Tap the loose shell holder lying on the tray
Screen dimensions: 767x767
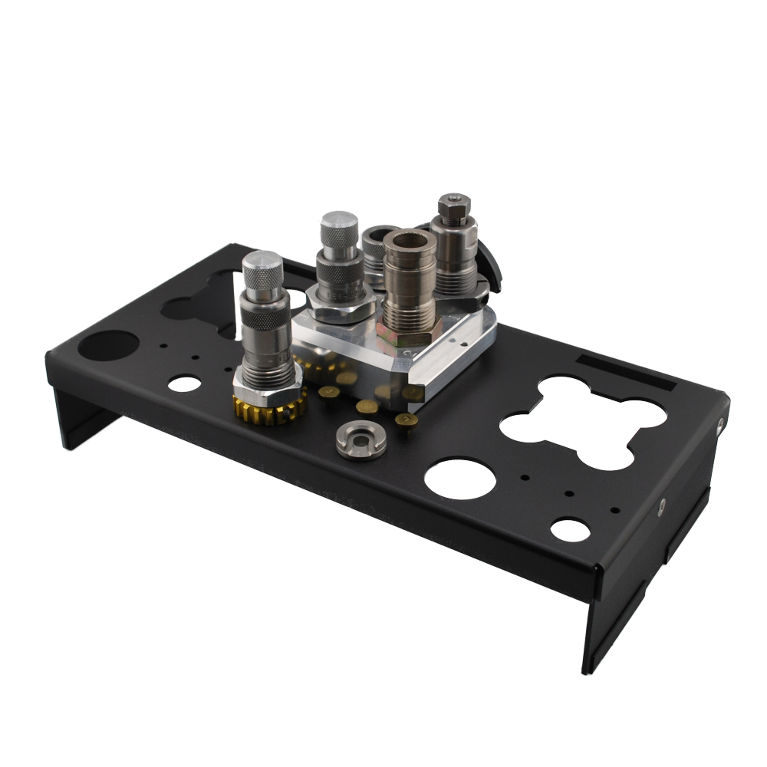click(x=360, y=439)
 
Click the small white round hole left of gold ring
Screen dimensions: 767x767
click(x=183, y=383)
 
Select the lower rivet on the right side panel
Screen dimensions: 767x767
click(x=661, y=505)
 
